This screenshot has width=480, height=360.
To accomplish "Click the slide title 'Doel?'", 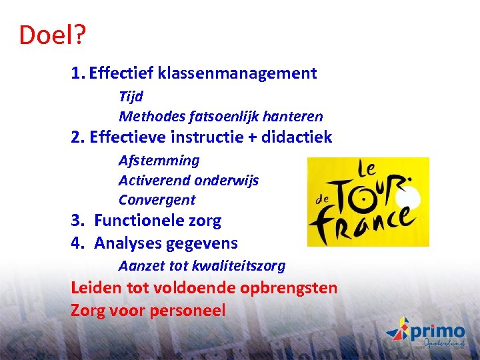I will click(52, 35).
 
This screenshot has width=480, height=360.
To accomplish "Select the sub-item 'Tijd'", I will click(131, 97).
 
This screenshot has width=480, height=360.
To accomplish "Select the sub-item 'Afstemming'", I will click(159, 161).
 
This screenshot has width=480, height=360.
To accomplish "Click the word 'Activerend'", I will click(151, 181).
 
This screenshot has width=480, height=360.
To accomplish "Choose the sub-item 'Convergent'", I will click(157, 200).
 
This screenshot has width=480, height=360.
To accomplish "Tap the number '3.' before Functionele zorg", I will click(79, 221).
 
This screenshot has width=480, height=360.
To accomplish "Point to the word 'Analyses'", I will click(124, 243).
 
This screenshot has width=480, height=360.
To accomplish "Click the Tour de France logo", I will click(367, 202).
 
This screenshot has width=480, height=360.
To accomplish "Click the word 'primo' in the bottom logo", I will click(437, 331).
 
